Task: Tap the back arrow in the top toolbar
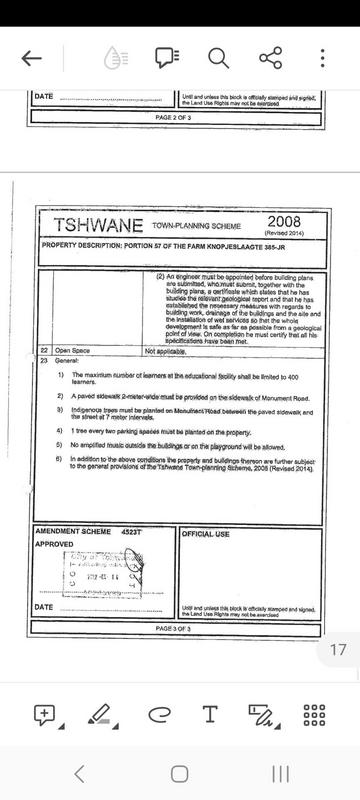[31, 57]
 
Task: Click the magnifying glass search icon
[219, 57]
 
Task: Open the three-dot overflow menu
[323, 57]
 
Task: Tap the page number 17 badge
[338, 622]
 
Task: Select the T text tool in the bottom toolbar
[210, 685]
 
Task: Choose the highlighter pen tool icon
[99, 685]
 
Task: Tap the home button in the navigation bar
[179, 773]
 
